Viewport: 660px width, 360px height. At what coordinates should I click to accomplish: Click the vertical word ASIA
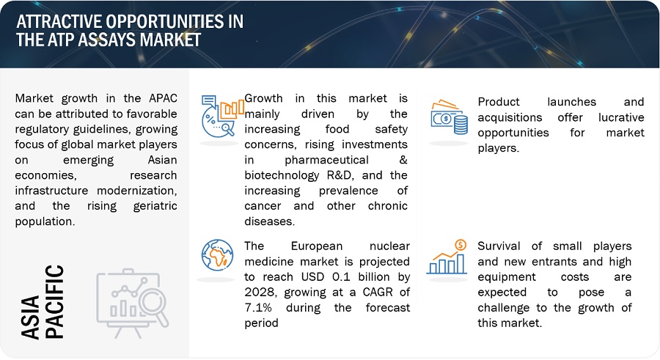click(x=31, y=317)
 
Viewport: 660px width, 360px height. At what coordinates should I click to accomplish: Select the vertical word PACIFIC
click(x=54, y=301)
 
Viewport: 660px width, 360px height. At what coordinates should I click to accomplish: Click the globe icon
click(x=217, y=255)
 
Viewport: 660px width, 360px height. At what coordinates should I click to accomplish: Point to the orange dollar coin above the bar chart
click(x=461, y=245)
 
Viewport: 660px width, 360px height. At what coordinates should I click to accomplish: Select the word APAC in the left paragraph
click(x=164, y=98)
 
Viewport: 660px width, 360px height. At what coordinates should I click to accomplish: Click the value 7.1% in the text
click(x=258, y=307)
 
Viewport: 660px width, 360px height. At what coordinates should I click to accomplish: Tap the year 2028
click(x=261, y=293)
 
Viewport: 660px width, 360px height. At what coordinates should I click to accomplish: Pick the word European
click(x=317, y=246)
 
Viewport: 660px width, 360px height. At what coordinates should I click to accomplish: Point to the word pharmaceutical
click(x=326, y=161)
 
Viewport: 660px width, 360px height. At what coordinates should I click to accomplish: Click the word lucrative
click(x=621, y=117)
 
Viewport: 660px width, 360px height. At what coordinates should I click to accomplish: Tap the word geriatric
click(x=155, y=206)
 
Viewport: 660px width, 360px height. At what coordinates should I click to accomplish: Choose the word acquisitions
click(x=510, y=118)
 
